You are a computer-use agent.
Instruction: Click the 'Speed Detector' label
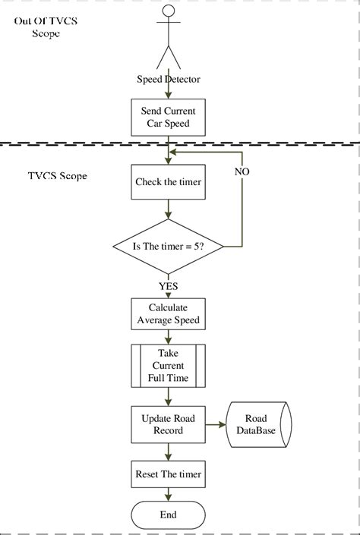pyautogui.click(x=168, y=79)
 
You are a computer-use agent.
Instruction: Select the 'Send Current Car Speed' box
pyautogui.click(x=168, y=117)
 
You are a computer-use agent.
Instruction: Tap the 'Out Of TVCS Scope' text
pyautogui.click(x=46, y=27)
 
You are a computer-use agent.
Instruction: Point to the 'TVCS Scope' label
pyautogui.click(x=57, y=176)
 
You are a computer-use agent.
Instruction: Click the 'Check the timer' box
pyautogui.click(x=168, y=182)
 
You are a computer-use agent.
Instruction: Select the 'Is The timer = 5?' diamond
pyautogui.click(x=168, y=247)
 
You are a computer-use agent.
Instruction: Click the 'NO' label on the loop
pyautogui.click(x=242, y=172)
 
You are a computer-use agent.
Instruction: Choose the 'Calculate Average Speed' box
pyautogui.click(x=168, y=313)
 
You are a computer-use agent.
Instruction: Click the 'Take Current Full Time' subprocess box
pyautogui.click(x=168, y=366)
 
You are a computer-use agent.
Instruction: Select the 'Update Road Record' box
pyautogui.click(x=168, y=424)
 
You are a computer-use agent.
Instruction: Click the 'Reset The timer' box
pyautogui.click(x=168, y=474)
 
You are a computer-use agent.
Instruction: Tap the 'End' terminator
pyautogui.click(x=168, y=515)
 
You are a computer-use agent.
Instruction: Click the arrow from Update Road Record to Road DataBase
pyautogui.click(x=215, y=424)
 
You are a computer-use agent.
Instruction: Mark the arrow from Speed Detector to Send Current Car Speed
pyautogui.click(x=168, y=91)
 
